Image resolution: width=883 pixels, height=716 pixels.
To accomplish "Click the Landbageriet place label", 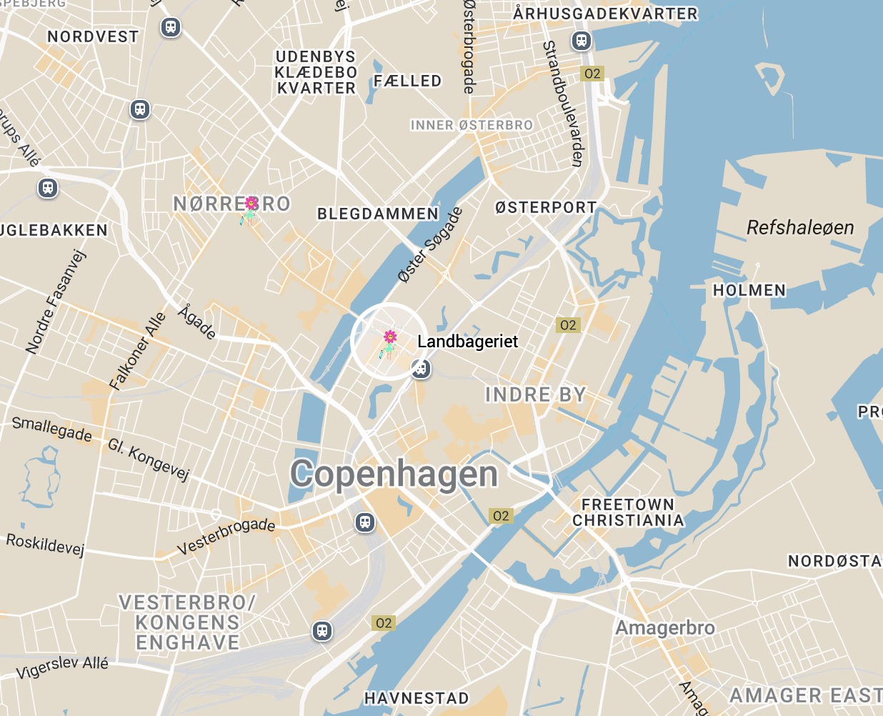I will pyautogui.click(x=467, y=342).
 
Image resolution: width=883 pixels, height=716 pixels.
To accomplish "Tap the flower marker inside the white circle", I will pyautogui.click(x=389, y=339).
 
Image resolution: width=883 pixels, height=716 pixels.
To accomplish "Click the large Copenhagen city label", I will pyautogui.click(x=394, y=474).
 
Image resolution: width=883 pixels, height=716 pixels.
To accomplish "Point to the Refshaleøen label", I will pyautogui.click(x=800, y=228).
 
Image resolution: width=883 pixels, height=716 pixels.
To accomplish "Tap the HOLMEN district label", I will pyautogui.click(x=749, y=290).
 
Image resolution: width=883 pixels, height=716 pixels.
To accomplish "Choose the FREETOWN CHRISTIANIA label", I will pyautogui.click(x=628, y=513).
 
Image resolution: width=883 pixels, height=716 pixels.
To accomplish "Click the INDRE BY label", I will pyautogui.click(x=535, y=394).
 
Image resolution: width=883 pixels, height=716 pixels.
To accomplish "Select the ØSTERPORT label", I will pyautogui.click(x=546, y=207).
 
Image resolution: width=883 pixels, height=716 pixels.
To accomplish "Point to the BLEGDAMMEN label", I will pyautogui.click(x=378, y=214).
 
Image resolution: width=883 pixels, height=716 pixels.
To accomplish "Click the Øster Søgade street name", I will pyautogui.click(x=430, y=245).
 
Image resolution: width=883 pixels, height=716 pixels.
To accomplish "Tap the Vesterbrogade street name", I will pyautogui.click(x=226, y=536).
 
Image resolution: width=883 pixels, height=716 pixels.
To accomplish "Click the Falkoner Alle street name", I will pyautogui.click(x=137, y=351).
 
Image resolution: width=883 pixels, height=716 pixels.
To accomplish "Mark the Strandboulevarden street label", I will pyautogui.click(x=564, y=104).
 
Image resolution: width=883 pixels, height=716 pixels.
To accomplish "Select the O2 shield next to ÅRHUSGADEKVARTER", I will pyautogui.click(x=592, y=74).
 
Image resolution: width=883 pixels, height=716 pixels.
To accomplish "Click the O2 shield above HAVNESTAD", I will pyautogui.click(x=384, y=623).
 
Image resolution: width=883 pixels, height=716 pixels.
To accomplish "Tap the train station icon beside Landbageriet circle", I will pyautogui.click(x=421, y=369).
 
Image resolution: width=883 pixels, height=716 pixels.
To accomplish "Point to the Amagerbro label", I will pyautogui.click(x=665, y=628).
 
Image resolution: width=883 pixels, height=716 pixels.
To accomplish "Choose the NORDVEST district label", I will pyautogui.click(x=93, y=36).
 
